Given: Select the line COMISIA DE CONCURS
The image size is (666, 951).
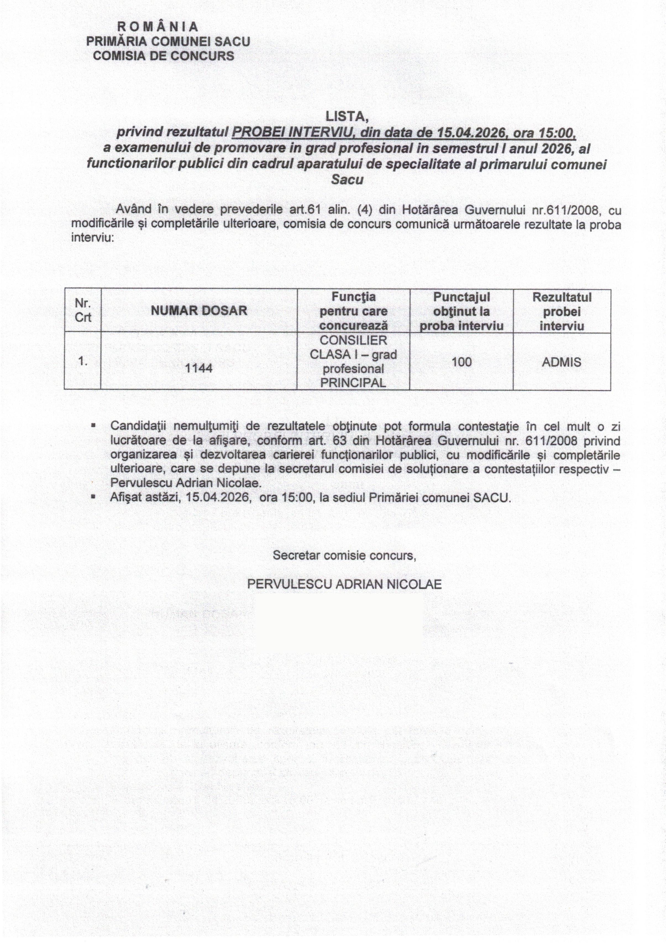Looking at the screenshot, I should click(164, 56).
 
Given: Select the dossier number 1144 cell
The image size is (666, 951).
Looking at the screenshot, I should click(199, 368).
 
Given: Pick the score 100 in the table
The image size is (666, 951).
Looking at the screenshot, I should click(461, 362).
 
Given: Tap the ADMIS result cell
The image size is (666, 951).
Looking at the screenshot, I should click(561, 362).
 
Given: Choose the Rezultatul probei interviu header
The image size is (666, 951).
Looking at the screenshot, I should click(562, 311).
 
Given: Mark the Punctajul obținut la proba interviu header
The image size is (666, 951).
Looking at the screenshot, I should click(461, 311).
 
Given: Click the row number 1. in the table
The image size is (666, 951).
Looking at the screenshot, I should click(83, 361).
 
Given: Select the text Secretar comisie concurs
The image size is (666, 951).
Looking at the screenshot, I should click(344, 555).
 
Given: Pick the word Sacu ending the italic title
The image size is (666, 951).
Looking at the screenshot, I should click(347, 180).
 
